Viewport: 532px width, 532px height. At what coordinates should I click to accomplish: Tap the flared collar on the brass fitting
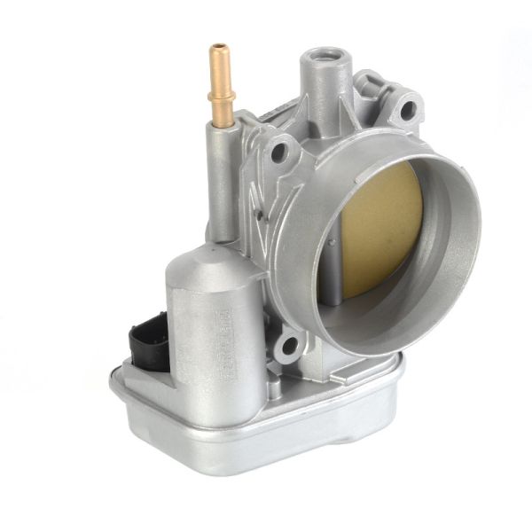pos(218,90)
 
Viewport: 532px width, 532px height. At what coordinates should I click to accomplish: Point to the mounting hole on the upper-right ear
pos(407,112)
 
